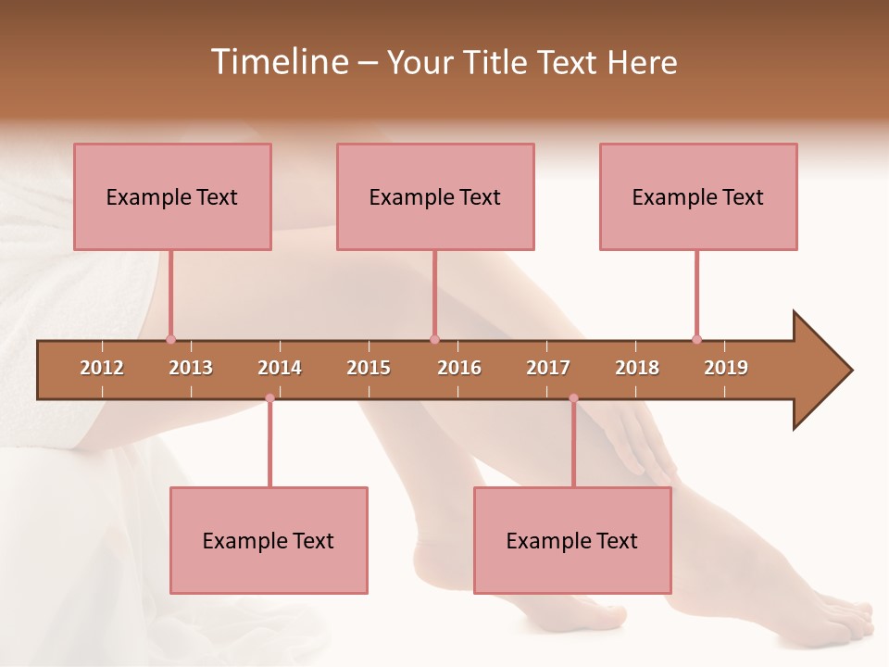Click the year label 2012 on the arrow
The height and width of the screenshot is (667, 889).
point(102,368)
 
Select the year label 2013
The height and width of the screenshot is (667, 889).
point(191,368)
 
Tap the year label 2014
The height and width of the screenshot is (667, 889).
point(280,368)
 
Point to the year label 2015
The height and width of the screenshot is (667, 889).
point(369,368)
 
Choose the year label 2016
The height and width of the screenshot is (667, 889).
point(459,368)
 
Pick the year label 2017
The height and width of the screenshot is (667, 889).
point(548,368)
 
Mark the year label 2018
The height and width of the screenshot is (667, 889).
point(637,368)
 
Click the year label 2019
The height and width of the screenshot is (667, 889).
point(726,368)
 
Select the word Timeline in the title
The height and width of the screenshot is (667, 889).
point(277,62)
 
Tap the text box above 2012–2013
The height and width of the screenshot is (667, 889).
point(172,196)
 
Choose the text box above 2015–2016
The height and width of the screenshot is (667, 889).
point(435,196)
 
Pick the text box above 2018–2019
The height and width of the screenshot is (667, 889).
point(698,196)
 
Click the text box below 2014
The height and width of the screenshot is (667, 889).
point(269,540)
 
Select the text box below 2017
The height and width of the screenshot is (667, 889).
point(572,540)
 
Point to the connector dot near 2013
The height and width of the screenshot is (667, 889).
point(170,339)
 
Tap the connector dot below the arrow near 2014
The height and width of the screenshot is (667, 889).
point(269,398)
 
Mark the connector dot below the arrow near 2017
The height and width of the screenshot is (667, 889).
point(573,398)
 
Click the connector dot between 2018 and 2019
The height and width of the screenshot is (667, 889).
point(696,339)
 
